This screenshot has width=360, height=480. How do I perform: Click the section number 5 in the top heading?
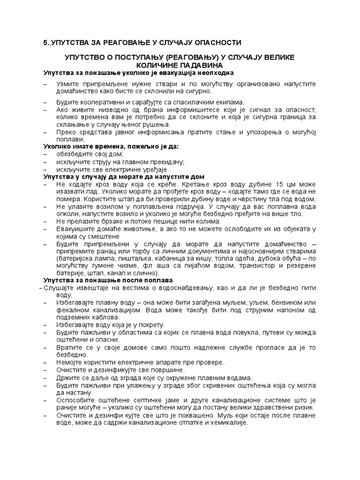pos(45,43)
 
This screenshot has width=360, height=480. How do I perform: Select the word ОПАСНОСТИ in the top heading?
pos(217,43)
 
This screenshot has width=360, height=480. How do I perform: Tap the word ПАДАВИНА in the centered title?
pos(200,65)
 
